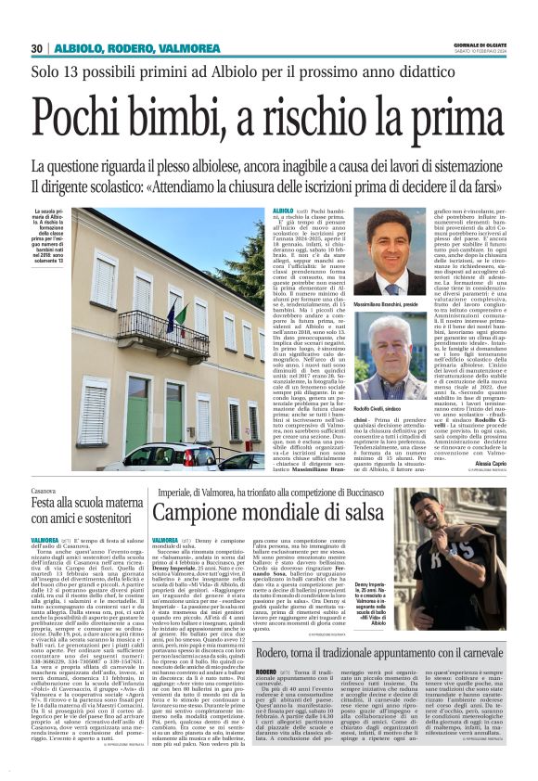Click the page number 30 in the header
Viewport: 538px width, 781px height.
tap(37, 47)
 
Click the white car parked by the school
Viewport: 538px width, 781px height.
tap(161, 456)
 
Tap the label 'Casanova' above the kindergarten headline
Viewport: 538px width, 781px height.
tap(45, 490)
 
